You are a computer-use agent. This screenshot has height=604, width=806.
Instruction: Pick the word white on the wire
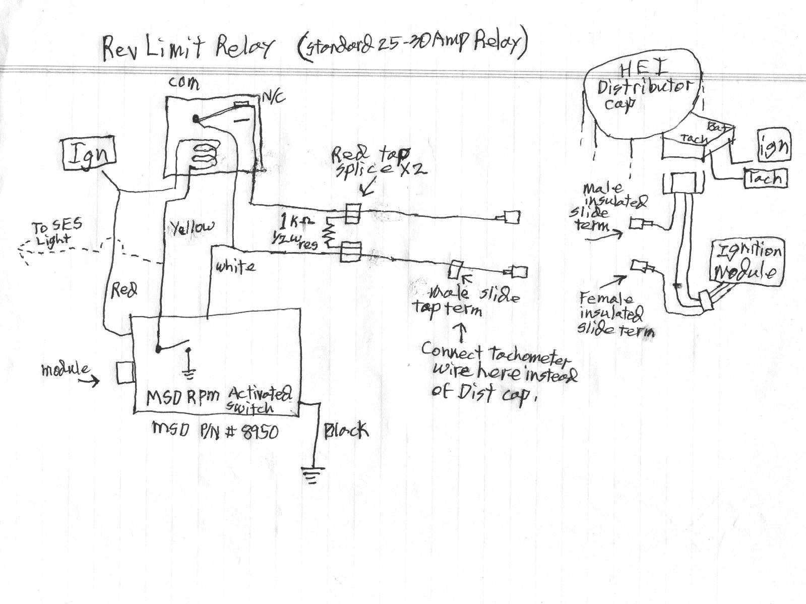[x=235, y=266]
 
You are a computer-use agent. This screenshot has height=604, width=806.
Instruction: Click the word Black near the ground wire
[x=346, y=431]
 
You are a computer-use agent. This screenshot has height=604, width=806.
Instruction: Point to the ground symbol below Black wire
[x=311, y=475]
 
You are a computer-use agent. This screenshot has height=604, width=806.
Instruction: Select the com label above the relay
[x=183, y=82]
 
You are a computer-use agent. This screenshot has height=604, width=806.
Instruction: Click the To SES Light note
[x=52, y=233]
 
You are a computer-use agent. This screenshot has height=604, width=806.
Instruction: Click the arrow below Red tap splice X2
[x=366, y=190]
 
